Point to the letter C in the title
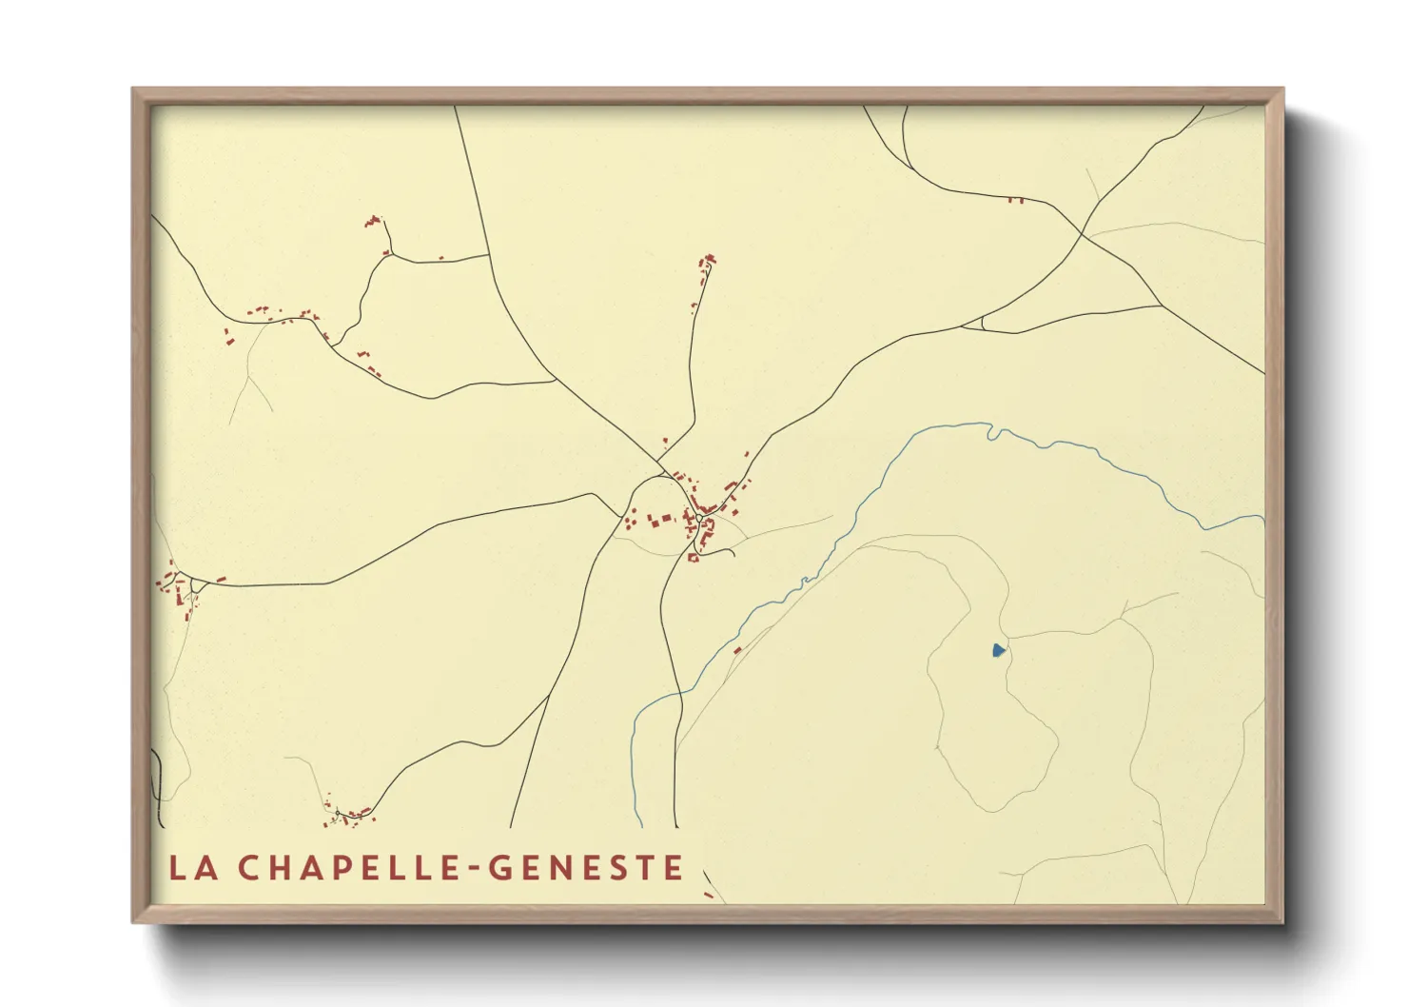click(x=248, y=868)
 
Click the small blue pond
click(x=997, y=651)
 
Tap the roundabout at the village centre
click(x=699, y=517)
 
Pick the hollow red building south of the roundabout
click(x=693, y=557)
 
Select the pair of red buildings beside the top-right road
click(x=1015, y=200)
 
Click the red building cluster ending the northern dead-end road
click(x=707, y=261)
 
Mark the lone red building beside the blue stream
click(x=737, y=650)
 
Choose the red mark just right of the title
click(x=708, y=895)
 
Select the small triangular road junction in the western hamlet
click(x=197, y=584)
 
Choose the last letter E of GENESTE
click(x=675, y=868)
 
